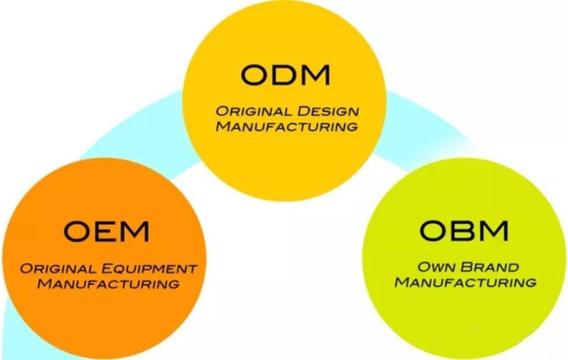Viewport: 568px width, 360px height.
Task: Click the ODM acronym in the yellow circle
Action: pyautogui.click(x=285, y=74)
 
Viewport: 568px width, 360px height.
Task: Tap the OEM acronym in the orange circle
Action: pyautogui.click(x=106, y=231)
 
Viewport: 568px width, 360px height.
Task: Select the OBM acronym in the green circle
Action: pyautogui.click(x=463, y=231)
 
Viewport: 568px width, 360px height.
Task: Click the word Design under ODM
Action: pyautogui.click(x=328, y=111)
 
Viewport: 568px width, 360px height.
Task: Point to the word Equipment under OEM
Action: pyautogui.click(x=149, y=269)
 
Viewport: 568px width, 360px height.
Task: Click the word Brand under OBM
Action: pyautogui.click(x=490, y=267)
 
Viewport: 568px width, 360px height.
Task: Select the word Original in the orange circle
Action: pyautogui.click(x=58, y=269)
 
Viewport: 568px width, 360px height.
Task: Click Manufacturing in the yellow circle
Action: pyautogui.click(x=287, y=127)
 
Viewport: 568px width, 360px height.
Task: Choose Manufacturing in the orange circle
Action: pyautogui.click(x=108, y=284)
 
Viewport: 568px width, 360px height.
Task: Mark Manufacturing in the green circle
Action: pyautogui.click(x=465, y=283)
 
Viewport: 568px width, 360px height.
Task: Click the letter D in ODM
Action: pyautogui.click(x=286, y=75)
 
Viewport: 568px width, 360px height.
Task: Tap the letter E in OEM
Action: pyautogui.click(x=106, y=232)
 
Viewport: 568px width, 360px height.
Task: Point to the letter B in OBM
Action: pyautogui.click(x=465, y=231)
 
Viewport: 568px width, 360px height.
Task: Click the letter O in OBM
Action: pyautogui.click(x=434, y=231)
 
